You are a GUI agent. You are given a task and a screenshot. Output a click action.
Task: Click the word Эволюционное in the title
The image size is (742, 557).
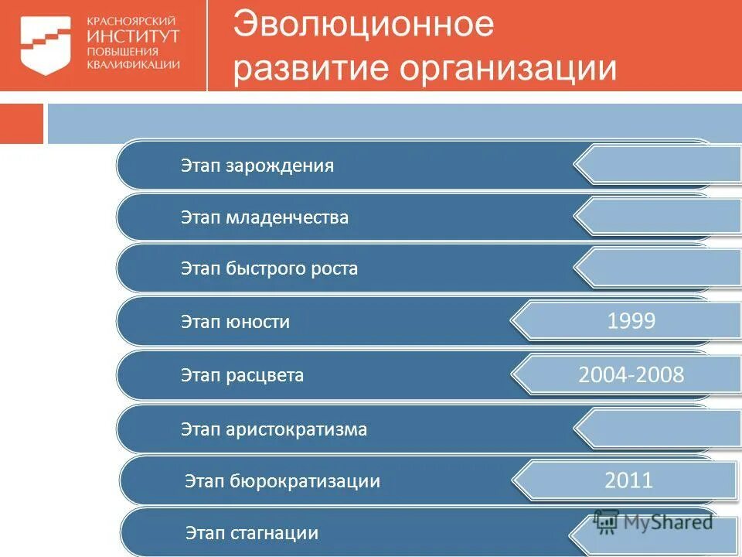pos(363,24)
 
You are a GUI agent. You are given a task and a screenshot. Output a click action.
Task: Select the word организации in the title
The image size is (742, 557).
pos(508,68)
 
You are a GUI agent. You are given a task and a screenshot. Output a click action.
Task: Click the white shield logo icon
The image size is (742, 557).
pos(45,46)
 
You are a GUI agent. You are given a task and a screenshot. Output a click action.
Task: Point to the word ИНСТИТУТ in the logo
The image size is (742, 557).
pos(134,36)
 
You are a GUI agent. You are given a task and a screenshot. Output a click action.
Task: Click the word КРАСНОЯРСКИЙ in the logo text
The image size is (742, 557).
pos(131,21)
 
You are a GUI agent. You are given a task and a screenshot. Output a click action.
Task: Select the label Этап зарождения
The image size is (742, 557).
pos(257,166)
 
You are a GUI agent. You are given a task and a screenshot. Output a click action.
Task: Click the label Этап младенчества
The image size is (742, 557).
pos(264,217)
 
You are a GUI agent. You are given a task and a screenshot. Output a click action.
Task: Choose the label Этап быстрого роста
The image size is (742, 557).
pos(269,269)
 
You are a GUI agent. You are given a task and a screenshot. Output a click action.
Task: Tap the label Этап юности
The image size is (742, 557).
pos(235,322)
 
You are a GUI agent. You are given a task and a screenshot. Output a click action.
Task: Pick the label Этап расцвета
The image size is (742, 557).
pos(242,375)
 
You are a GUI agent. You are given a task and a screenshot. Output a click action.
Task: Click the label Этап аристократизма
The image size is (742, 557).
pos(274,429)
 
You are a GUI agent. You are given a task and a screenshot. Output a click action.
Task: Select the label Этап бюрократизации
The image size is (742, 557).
pos(282,481)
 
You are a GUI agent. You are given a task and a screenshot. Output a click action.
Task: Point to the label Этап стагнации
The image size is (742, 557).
pos(251,533)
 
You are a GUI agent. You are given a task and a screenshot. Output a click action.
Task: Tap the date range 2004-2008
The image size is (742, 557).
pos(631,375)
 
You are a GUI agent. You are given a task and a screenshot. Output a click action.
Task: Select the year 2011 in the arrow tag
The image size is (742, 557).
pos(628,480)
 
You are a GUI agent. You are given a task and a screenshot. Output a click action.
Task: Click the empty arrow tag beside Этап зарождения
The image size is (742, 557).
pos(661,165)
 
